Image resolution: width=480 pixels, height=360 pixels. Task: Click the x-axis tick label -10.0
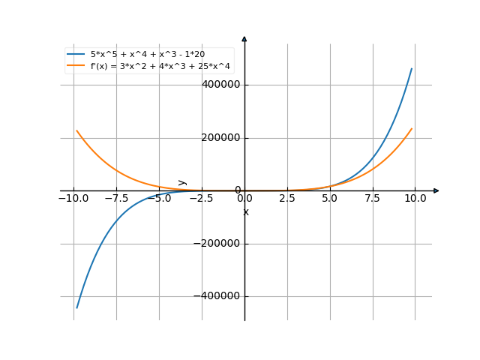click(73, 198)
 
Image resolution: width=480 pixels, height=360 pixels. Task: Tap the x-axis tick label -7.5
click(116, 198)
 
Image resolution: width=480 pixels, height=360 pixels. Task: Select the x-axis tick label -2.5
click(202, 198)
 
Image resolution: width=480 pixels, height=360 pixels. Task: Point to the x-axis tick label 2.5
click(287, 198)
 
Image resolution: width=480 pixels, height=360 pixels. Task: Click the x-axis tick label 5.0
click(330, 198)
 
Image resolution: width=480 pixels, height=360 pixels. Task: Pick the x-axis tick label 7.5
click(373, 198)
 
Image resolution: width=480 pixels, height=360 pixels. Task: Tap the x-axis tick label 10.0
click(415, 198)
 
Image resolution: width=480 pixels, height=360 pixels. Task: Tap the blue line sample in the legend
click(76, 55)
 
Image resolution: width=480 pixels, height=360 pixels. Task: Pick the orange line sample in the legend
click(76, 66)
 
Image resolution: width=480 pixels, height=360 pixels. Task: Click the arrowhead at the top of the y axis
click(244, 38)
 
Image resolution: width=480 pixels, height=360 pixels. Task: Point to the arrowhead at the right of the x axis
click(436, 190)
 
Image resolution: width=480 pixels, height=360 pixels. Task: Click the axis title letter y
click(182, 182)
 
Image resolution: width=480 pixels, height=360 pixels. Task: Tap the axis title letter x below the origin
click(245, 212)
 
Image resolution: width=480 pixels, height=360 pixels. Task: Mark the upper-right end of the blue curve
click(412, 68)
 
